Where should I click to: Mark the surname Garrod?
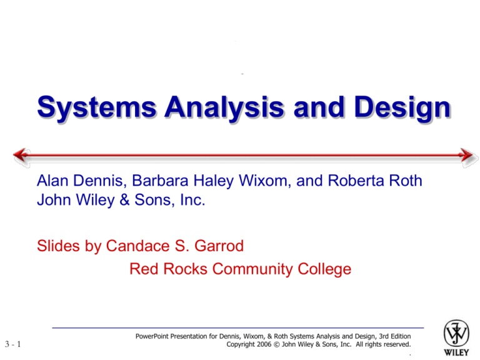(213, 247)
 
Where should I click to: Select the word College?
(322, 269)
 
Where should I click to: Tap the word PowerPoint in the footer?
(154, 336)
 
